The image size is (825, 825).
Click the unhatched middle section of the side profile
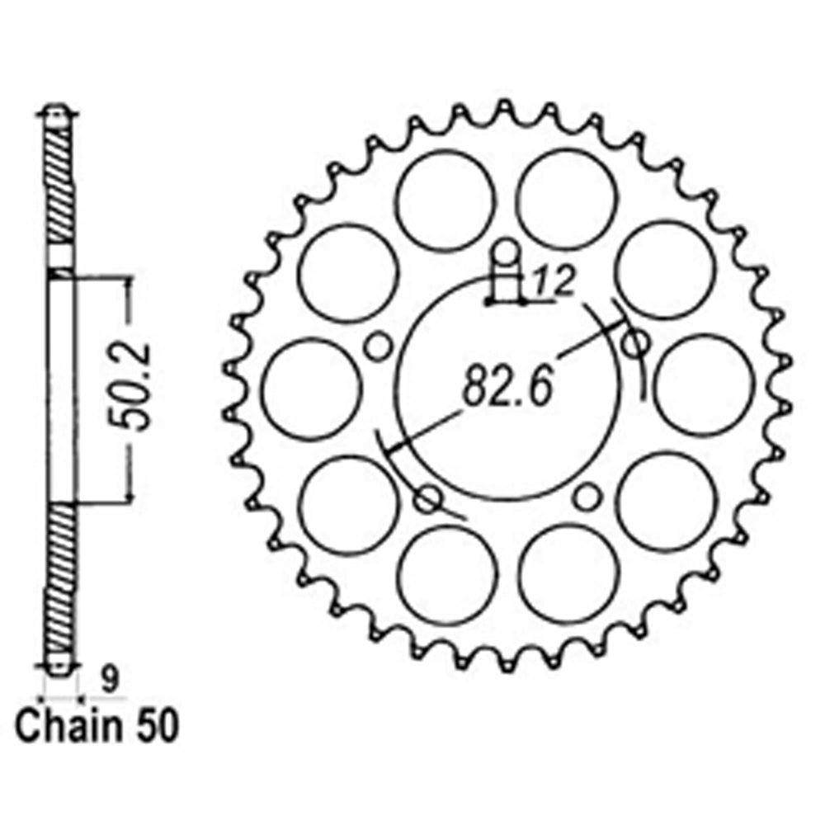point(60,388)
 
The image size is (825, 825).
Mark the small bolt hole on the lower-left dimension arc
point(429,497)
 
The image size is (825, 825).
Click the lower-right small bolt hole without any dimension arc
point(585,497)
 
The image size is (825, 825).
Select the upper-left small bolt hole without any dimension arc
point(378,346)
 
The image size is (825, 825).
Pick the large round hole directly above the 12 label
point(568,199)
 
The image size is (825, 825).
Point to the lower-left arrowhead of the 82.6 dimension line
point(394,448)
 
